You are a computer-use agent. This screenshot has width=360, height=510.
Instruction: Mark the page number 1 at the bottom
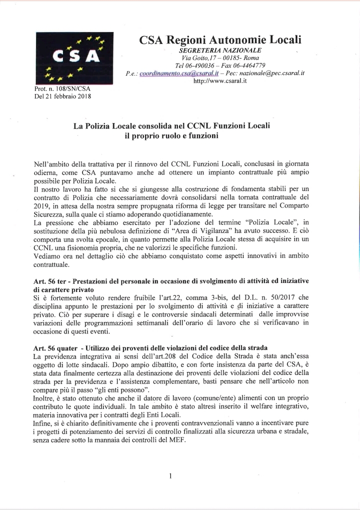click(x=170, y=475)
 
